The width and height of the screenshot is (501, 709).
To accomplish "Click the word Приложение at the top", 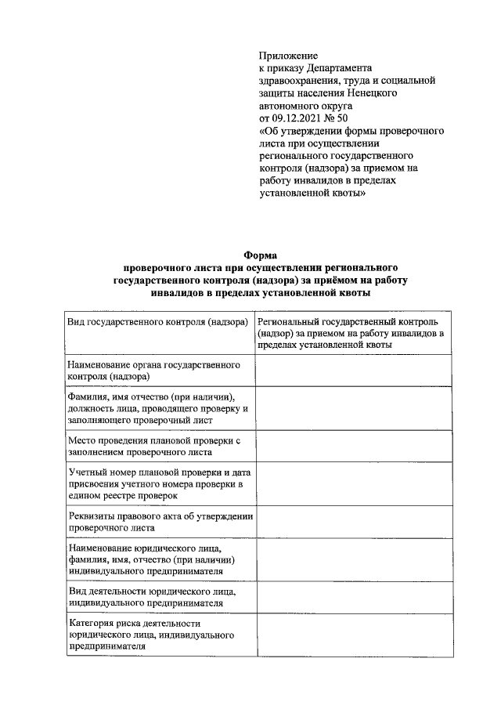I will point(288,56).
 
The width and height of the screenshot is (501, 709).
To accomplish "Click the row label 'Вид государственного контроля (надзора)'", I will point(157,322).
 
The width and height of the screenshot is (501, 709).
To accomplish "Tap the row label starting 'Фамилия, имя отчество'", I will point(157,408).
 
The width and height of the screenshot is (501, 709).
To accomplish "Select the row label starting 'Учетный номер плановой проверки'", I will point(157,483).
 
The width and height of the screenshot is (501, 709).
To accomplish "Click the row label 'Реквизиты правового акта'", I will point(157,522).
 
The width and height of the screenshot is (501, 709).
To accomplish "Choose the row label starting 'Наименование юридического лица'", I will point(157,559).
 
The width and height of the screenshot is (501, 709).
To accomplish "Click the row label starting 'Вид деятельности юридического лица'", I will point(157,597).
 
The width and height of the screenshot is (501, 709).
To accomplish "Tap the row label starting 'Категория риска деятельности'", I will point(157,635).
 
